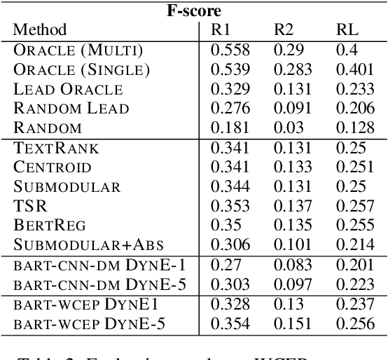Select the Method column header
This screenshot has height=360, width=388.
[x=41, y=29]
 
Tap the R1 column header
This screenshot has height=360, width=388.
[x=220, y=29]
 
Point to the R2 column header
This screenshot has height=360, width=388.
[x=283, y=29]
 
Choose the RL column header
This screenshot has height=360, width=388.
[x=345, y=29]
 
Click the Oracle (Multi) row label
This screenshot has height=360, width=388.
[x=78, y=50]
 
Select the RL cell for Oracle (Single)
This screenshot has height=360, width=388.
[x=354, y=70]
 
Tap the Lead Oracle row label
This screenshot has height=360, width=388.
[x=68, y=90]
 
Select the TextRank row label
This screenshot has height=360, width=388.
[x=57, y=148]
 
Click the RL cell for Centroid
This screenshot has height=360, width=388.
[x=354, y=167]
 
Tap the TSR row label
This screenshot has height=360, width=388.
[x=27, y=206]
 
